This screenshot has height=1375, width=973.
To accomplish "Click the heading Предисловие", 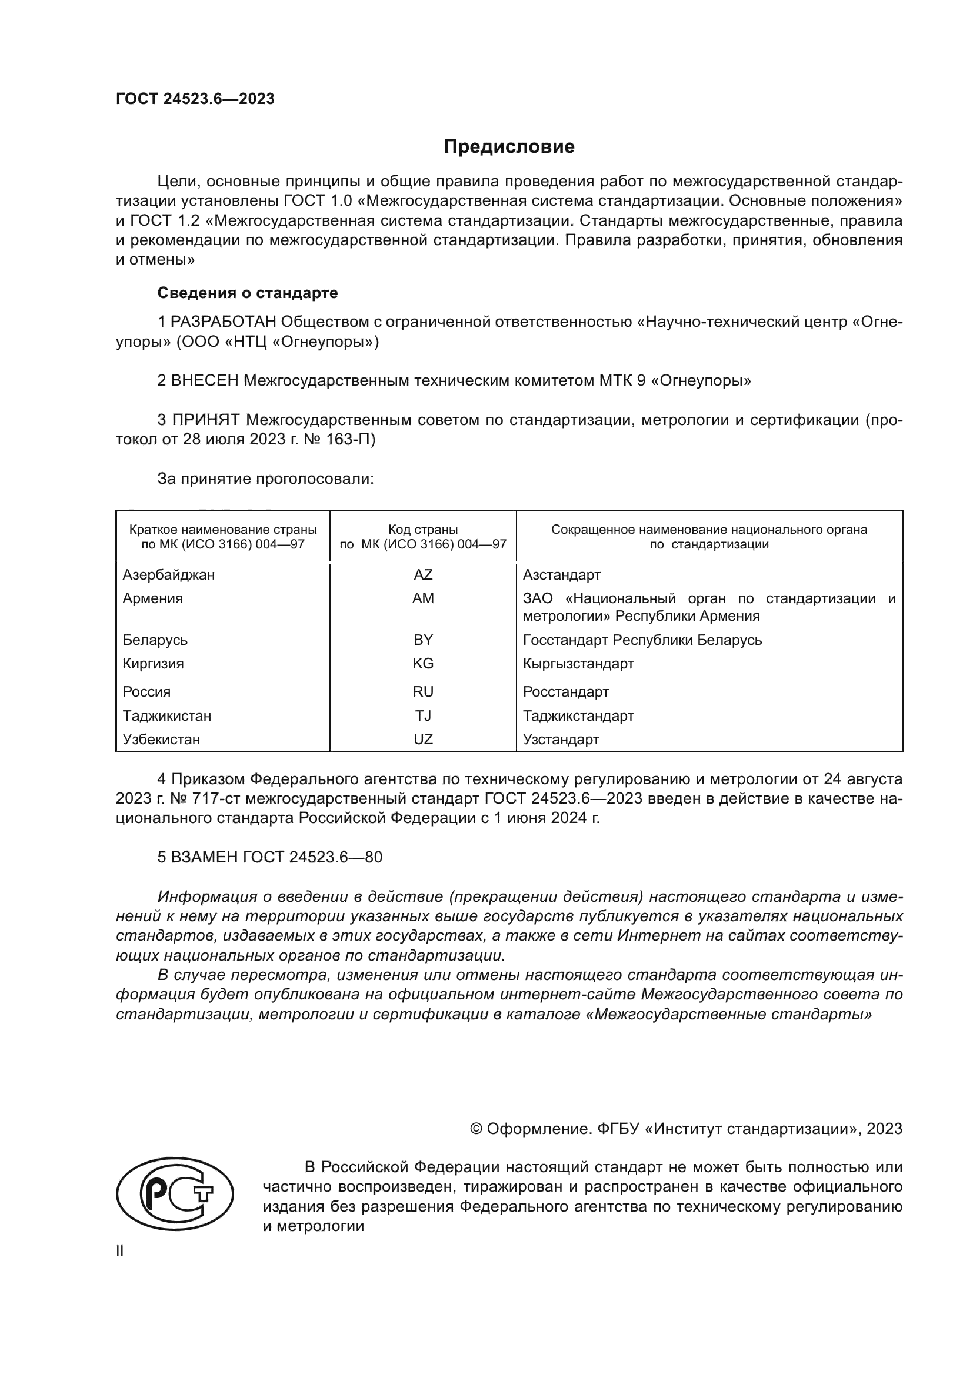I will click(509, 147).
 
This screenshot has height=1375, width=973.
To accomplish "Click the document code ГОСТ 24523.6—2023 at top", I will click(195, 99).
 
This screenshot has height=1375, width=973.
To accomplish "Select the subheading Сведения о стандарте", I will click(248, 293).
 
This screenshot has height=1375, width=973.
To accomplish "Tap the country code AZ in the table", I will click(423, 575).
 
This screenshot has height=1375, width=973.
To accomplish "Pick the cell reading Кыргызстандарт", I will click(578, 664).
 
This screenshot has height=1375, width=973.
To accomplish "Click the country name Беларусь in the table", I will click(155, 640).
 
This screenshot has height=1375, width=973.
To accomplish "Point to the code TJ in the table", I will click(423, 715).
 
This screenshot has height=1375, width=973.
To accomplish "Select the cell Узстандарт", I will click(561, 739).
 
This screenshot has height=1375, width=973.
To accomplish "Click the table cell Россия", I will click(147, 692).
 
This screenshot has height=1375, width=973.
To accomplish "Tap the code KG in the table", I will click(423, 664).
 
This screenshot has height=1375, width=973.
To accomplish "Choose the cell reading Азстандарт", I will click(561, 575).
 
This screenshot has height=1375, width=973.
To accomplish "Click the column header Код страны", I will click(423, 530).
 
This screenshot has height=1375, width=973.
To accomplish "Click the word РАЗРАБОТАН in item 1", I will click(224, 322).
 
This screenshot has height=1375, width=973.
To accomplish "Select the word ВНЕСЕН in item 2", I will click(205, 381).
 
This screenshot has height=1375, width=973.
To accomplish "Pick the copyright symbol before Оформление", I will click(476, 1129).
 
